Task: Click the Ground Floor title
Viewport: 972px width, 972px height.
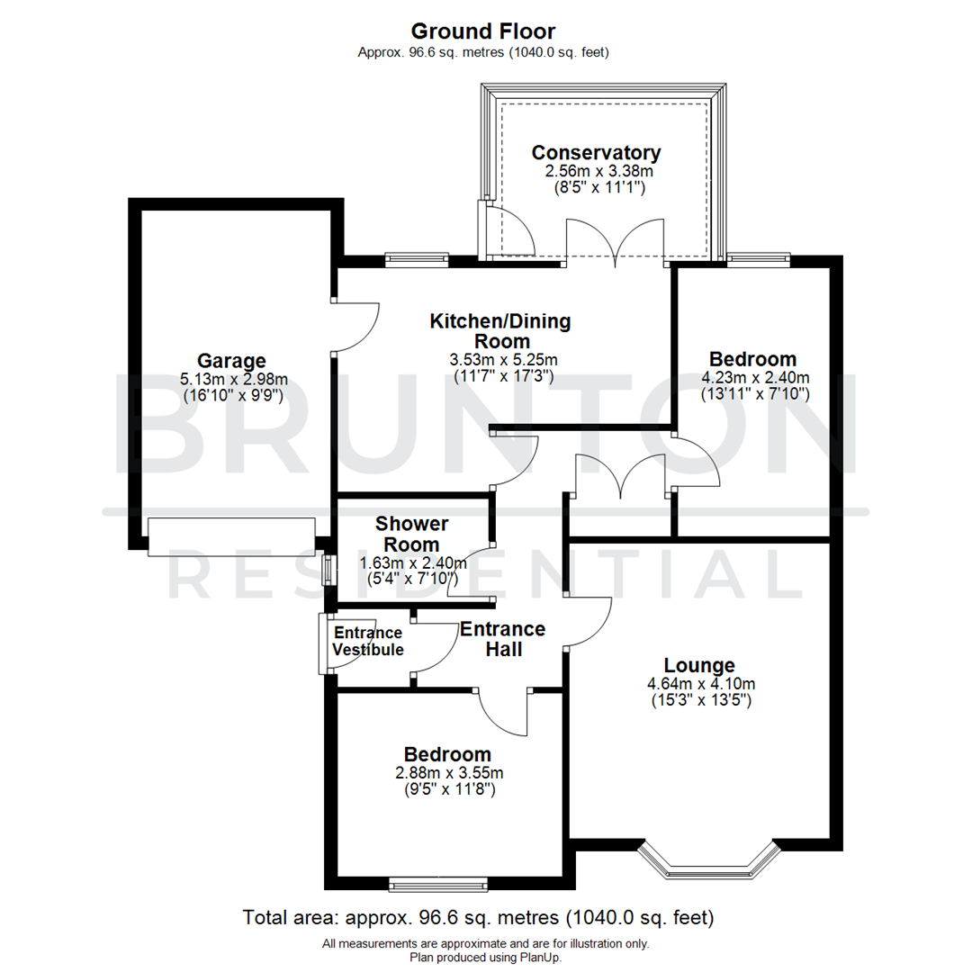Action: point(485,32)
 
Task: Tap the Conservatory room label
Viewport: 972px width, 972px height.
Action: point(596,153)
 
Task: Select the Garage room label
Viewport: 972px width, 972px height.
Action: point(233,361)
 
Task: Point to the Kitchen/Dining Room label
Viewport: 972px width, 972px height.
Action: point(499,331)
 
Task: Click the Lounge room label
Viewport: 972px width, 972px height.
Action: point(700,666)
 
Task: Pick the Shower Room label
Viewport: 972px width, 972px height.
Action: point(412,534)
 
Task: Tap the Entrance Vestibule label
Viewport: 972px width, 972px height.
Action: point(368,641)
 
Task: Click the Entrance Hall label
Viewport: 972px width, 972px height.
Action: point(502,639)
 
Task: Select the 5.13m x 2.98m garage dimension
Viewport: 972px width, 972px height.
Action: point(233,379)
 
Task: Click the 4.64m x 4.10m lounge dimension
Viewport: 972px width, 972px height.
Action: point(700,683)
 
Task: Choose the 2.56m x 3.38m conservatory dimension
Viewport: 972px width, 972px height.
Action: point(596,171)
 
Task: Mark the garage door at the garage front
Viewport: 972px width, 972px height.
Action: point(232,536)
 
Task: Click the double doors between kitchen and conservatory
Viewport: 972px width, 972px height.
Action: point(615,242)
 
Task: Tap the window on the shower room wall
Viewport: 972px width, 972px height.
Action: point(328,570)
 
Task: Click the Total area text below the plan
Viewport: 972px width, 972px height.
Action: point(478,919)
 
